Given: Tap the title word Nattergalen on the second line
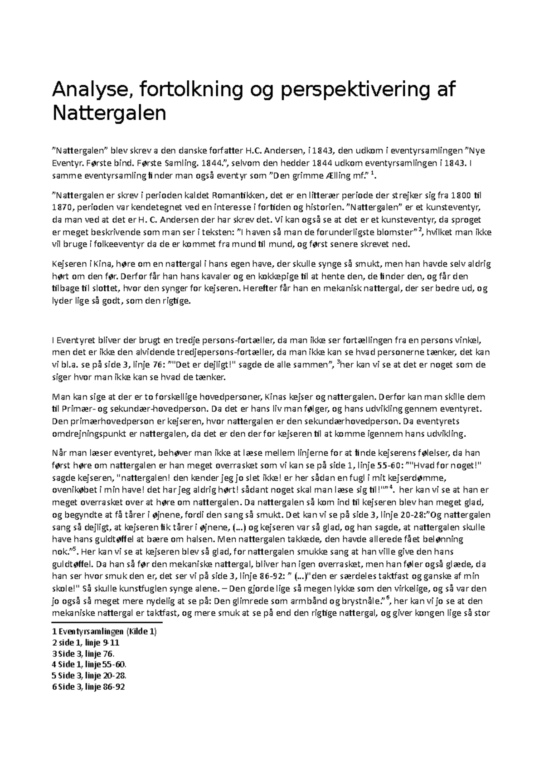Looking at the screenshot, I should (109, 113).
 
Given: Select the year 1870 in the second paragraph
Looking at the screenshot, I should (63, 208).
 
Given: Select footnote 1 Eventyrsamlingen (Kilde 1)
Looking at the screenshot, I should (105, 632).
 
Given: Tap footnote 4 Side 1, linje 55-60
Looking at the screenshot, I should (89, 664).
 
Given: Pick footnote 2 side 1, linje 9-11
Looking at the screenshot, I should (86, 643).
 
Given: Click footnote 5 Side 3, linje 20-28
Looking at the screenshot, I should (89, 675).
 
